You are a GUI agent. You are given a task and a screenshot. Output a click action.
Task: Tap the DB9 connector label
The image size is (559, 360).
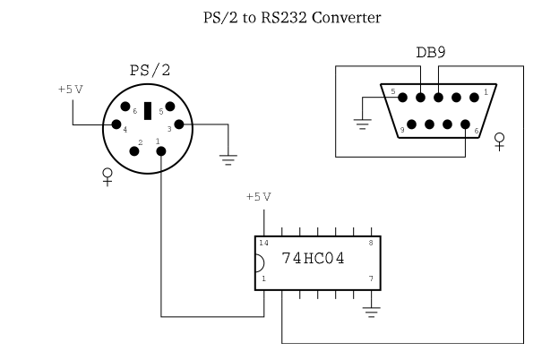(x=430, y=53)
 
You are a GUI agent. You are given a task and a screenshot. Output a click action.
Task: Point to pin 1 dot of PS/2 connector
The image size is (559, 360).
(x=161, y=150)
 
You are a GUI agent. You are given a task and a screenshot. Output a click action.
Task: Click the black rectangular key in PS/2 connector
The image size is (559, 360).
(x=147, y=111)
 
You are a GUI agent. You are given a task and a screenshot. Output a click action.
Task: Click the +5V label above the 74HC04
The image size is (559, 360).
(x=258, y=196)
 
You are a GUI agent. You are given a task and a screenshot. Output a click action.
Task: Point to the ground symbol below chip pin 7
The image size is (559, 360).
(x=370, y=311)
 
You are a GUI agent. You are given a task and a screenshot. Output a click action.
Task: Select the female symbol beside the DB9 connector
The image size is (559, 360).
(x=499, y=141)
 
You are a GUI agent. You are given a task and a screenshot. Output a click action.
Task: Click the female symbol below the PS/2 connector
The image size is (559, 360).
(x=108, y=176)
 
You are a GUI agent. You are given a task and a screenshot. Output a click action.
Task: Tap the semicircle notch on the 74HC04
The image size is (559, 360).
(x=258, y=264)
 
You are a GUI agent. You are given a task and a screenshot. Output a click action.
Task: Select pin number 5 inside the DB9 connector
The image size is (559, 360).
(x=391, y=91)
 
